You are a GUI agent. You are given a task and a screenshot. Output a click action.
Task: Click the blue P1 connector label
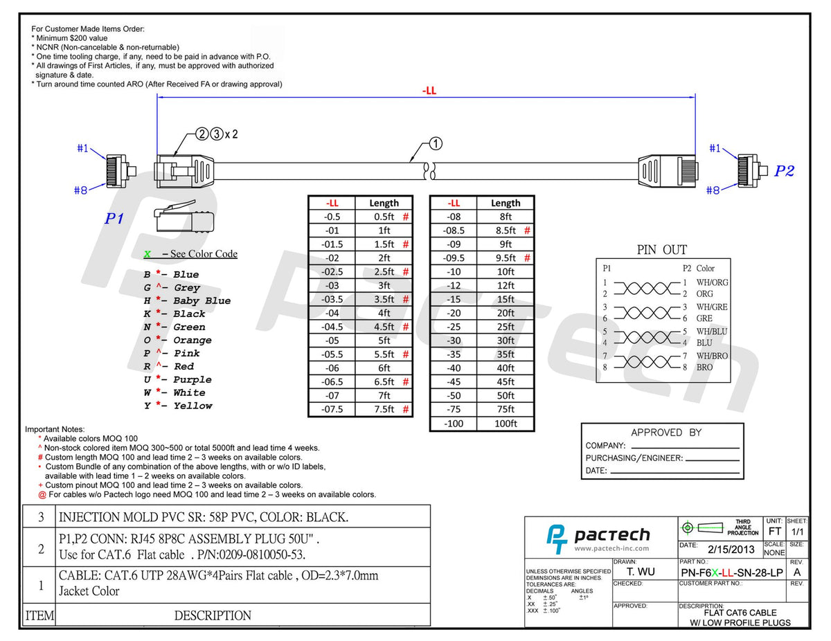114,219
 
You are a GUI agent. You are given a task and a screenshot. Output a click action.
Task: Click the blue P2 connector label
784,171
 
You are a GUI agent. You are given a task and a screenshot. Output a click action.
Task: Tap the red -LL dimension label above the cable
429,90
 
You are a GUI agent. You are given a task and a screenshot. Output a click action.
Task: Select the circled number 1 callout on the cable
436,144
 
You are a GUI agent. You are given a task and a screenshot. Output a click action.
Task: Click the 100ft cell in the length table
506,423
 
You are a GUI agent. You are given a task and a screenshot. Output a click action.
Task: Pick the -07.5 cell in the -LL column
331,409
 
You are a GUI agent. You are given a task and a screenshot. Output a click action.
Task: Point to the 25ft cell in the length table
506,327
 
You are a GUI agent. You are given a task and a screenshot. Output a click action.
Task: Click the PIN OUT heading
661,250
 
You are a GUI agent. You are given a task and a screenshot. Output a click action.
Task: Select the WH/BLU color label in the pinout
712,332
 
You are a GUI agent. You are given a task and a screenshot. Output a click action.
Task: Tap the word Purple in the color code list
193,379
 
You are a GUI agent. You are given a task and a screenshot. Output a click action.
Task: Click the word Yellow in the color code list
193,406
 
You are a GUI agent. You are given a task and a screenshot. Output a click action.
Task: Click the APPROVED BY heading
665,433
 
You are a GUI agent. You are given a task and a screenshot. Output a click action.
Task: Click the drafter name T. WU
641,572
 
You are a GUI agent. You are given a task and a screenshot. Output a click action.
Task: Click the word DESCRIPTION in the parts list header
213,615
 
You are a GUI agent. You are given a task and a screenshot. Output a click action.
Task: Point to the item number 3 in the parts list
40,516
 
